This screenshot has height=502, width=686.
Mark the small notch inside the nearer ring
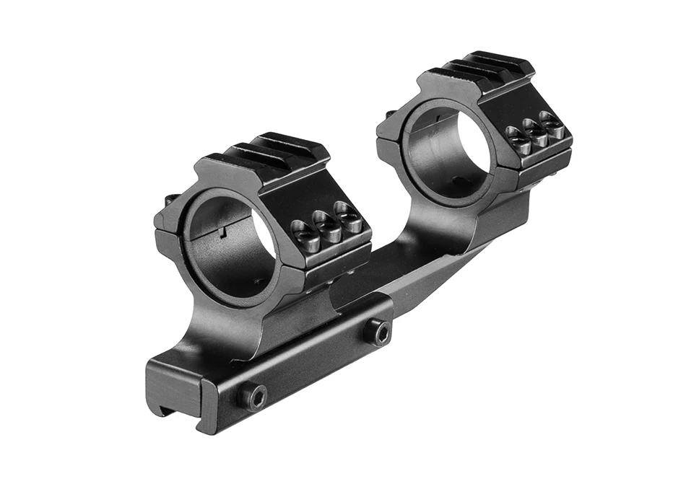[x=223, y=232]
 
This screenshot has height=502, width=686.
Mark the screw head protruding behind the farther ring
[x=391, y=113]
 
